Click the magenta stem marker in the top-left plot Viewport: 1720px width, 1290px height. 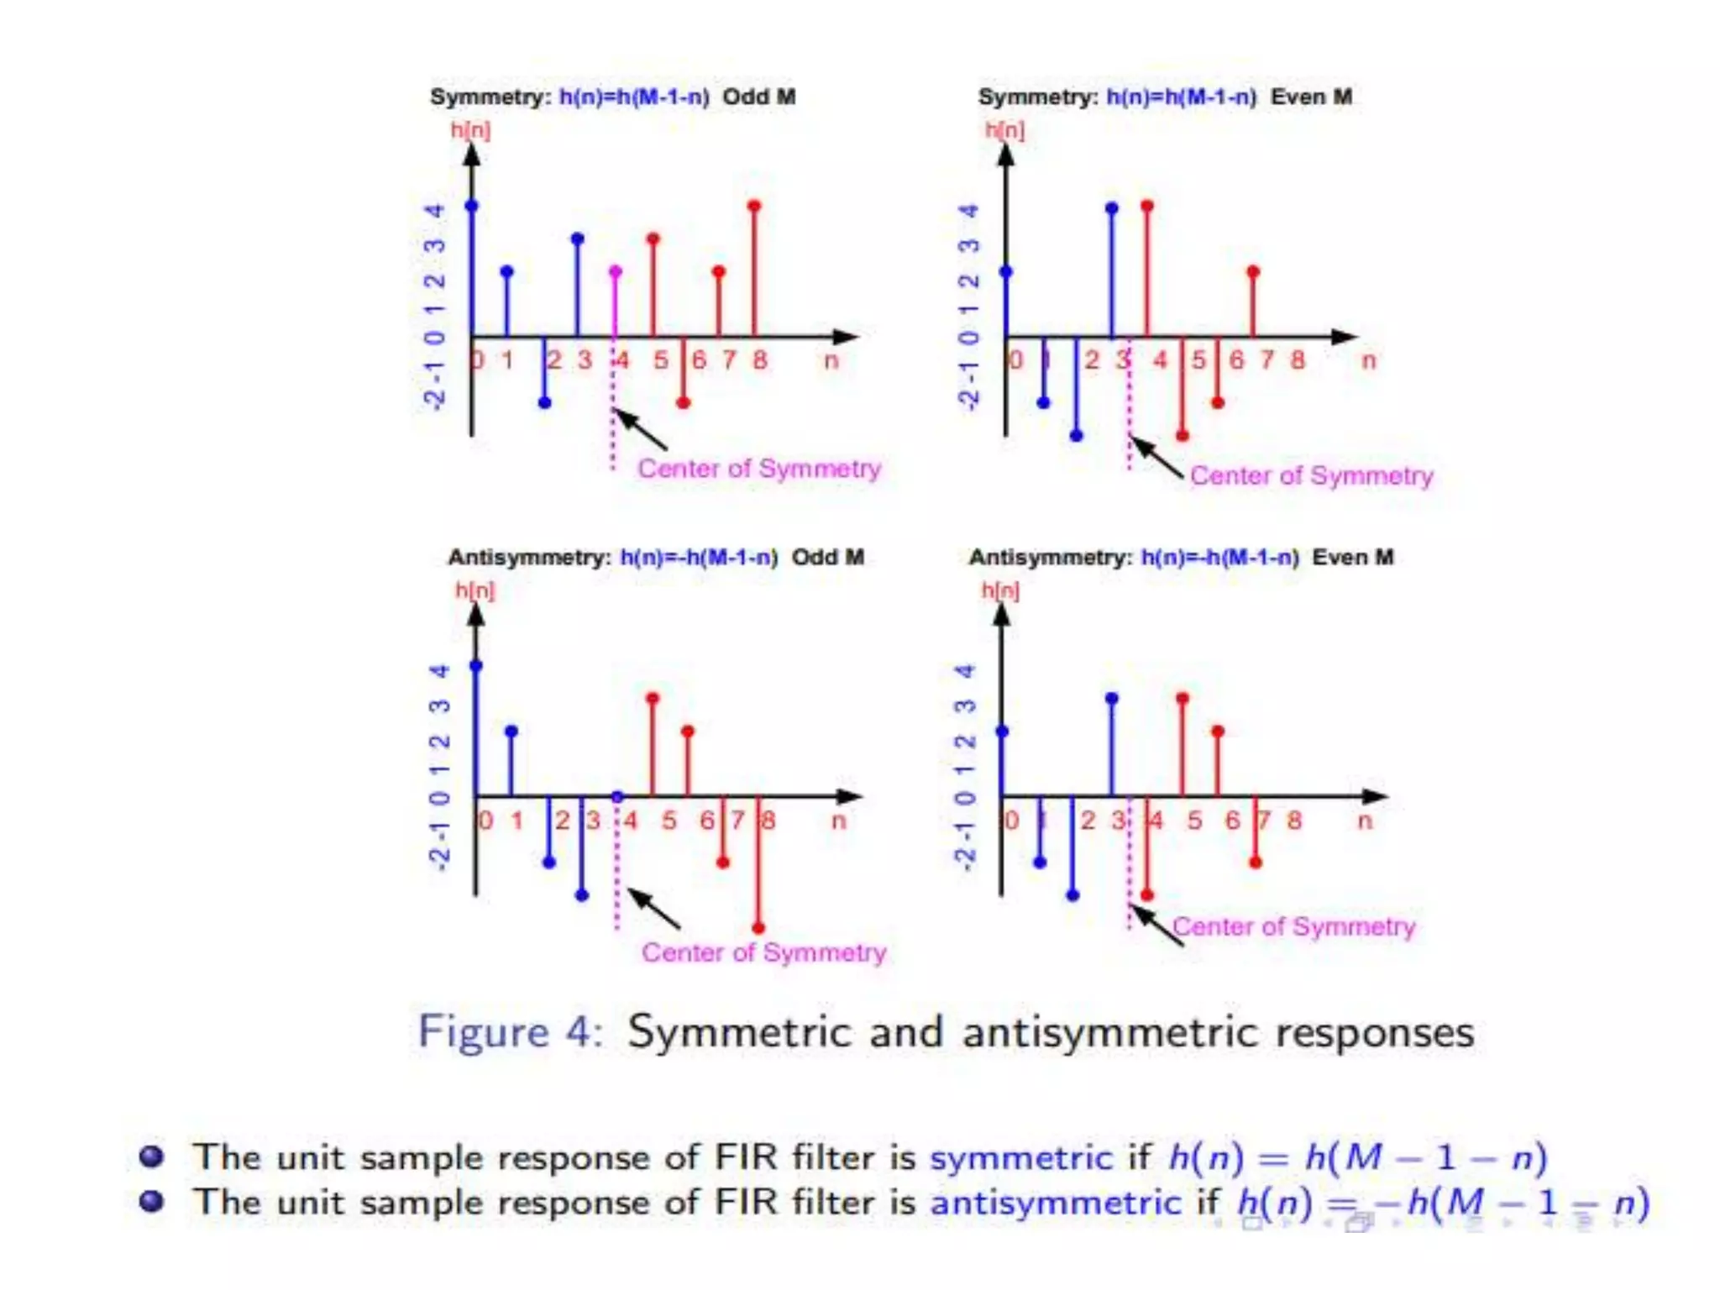click(616, 272)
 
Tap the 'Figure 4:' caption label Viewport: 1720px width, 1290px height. click(510, 1031)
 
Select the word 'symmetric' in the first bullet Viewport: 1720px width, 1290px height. click(1020, 1158)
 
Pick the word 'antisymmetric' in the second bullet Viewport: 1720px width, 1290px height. click(1056, 1203)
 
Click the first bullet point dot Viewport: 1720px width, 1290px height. click(152, 1156)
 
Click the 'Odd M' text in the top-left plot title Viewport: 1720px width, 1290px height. click(758, 97)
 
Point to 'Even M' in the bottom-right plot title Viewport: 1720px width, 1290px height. click(1352, 557)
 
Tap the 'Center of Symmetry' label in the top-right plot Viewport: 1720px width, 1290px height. click(1311, 475)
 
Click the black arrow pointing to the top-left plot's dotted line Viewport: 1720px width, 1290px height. click(641, 429)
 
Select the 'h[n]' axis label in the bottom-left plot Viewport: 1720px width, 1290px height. click(475, 590)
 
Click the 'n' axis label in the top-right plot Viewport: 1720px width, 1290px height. click(1368, 360)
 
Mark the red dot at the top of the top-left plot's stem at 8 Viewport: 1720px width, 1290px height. click(754, 206)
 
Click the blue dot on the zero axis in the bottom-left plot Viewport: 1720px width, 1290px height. click(617, 796)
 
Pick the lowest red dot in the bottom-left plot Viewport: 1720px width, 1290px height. click(758, 928)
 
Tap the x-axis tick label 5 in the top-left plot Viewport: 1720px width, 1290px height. click(661, 360)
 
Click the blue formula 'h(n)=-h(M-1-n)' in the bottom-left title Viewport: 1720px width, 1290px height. click(699, 557)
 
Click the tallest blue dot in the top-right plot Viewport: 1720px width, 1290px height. click(1112, 207)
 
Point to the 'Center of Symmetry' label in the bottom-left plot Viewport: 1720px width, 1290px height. click(763, 952)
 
